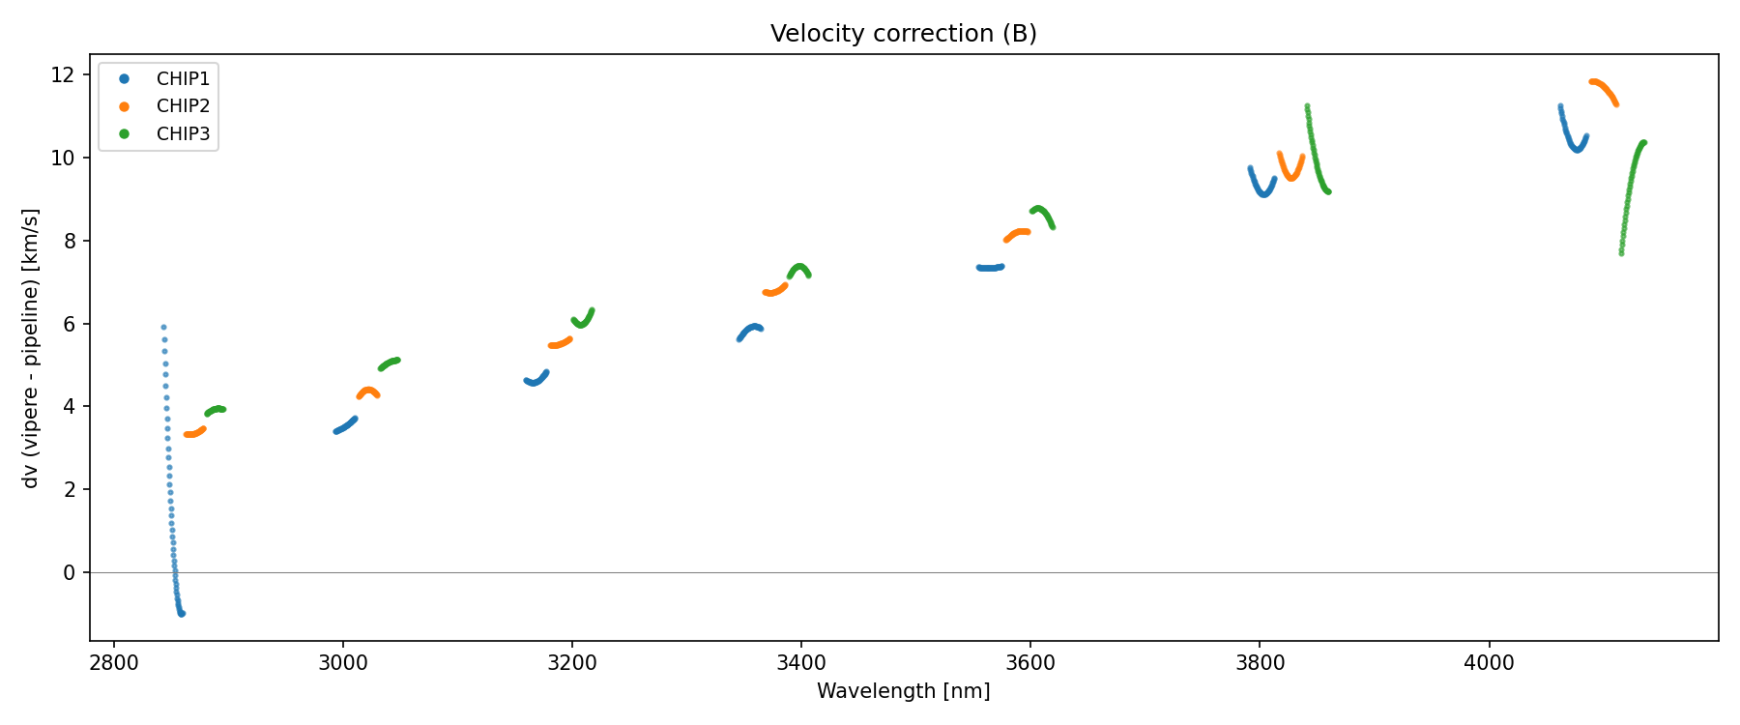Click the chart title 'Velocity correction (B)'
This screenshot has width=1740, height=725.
tap(903, 34)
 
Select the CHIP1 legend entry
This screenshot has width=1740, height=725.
tap(183, 78)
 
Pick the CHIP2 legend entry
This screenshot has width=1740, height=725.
tap(183, 106)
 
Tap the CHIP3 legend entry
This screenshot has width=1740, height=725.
tap(183, 134)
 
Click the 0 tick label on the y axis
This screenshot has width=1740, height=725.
tap(69, 573)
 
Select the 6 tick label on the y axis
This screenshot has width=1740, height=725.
tap(69, 324)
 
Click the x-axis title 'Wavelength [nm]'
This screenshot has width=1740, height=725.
tap(903, 691)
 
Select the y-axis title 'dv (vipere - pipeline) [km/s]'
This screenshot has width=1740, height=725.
tap(31, 348)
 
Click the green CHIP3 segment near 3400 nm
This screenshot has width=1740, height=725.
tap(799, 268)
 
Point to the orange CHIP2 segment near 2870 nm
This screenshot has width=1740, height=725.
tap(193, 433)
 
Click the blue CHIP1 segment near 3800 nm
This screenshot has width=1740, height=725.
tap(1262, 193)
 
